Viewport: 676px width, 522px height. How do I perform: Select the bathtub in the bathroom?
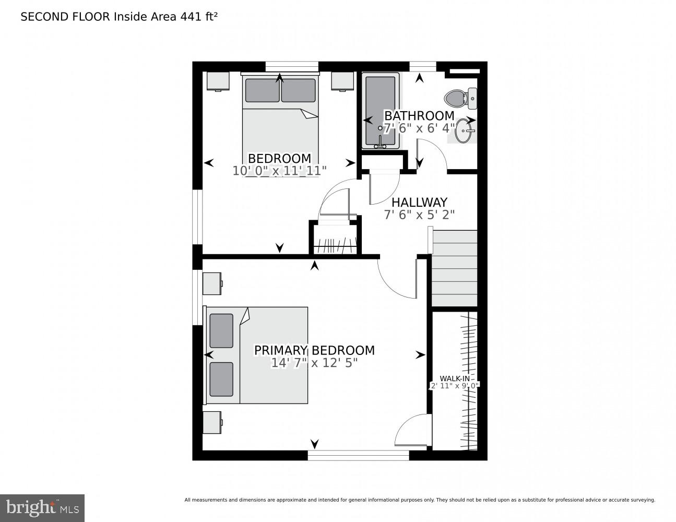pos(380,111)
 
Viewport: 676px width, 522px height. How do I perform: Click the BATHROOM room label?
pos(419,115)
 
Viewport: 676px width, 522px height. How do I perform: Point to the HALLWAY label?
pos(419,202)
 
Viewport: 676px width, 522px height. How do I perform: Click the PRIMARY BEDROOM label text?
pos(314,350)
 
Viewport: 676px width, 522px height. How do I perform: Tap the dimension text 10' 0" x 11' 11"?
pos(279,170)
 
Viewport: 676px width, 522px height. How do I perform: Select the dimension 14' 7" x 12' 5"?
pos(314,363)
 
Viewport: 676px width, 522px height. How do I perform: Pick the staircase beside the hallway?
pos(454,268)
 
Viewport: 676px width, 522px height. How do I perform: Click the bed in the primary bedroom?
pos(257,355)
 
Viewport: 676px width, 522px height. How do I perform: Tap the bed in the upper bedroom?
pos(280,125)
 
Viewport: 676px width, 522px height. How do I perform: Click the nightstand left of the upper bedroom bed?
pos(218,81)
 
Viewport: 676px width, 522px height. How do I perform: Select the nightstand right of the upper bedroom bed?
pos(342,81)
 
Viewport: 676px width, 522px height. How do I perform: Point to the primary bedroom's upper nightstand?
pos(212,283)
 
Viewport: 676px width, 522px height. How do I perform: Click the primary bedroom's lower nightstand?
pos(212,422)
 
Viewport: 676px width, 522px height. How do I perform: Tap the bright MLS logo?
pos(42,507)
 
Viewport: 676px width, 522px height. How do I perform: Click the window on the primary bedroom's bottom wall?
pos(358,456)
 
